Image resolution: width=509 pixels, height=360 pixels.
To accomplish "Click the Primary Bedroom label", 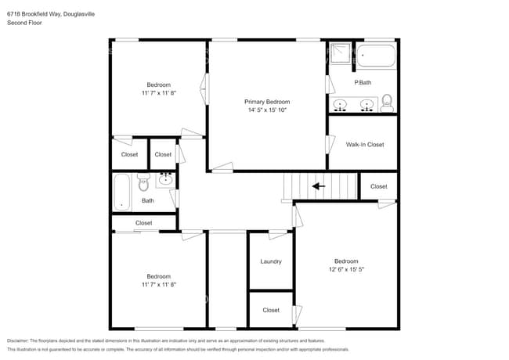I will [x=267, y=102].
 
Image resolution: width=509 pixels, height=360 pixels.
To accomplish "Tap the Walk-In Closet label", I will [x=365, y=145].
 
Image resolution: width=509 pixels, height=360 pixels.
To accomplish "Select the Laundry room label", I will [x=271, y=261].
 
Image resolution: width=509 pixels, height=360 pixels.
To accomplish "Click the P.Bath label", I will [x=363, y=82].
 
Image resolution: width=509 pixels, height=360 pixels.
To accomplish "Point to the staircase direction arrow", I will [x=318, y=186].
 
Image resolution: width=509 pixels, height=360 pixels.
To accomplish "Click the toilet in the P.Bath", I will [x=386, y=101].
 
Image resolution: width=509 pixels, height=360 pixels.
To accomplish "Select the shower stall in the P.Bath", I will [x=340, y=52].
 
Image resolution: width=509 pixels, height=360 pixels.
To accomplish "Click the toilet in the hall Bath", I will [x=143, y=184].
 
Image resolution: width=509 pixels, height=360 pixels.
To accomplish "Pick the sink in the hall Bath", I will [x=164, y=181].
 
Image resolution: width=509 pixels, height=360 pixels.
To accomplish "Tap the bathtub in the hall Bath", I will [x=121, y=192].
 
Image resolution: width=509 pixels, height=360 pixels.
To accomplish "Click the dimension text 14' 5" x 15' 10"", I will [x=267, y=110].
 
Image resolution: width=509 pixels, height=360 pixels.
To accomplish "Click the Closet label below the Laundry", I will [x=271, y=310].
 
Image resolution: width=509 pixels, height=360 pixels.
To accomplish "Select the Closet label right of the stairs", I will [x=378, y=186].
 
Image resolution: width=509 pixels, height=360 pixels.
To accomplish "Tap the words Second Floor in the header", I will [x=24, y=23].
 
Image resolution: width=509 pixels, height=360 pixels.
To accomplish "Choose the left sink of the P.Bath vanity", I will [x=341, y=103].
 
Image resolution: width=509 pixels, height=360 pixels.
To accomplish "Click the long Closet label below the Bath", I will [x=144, y=223].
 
